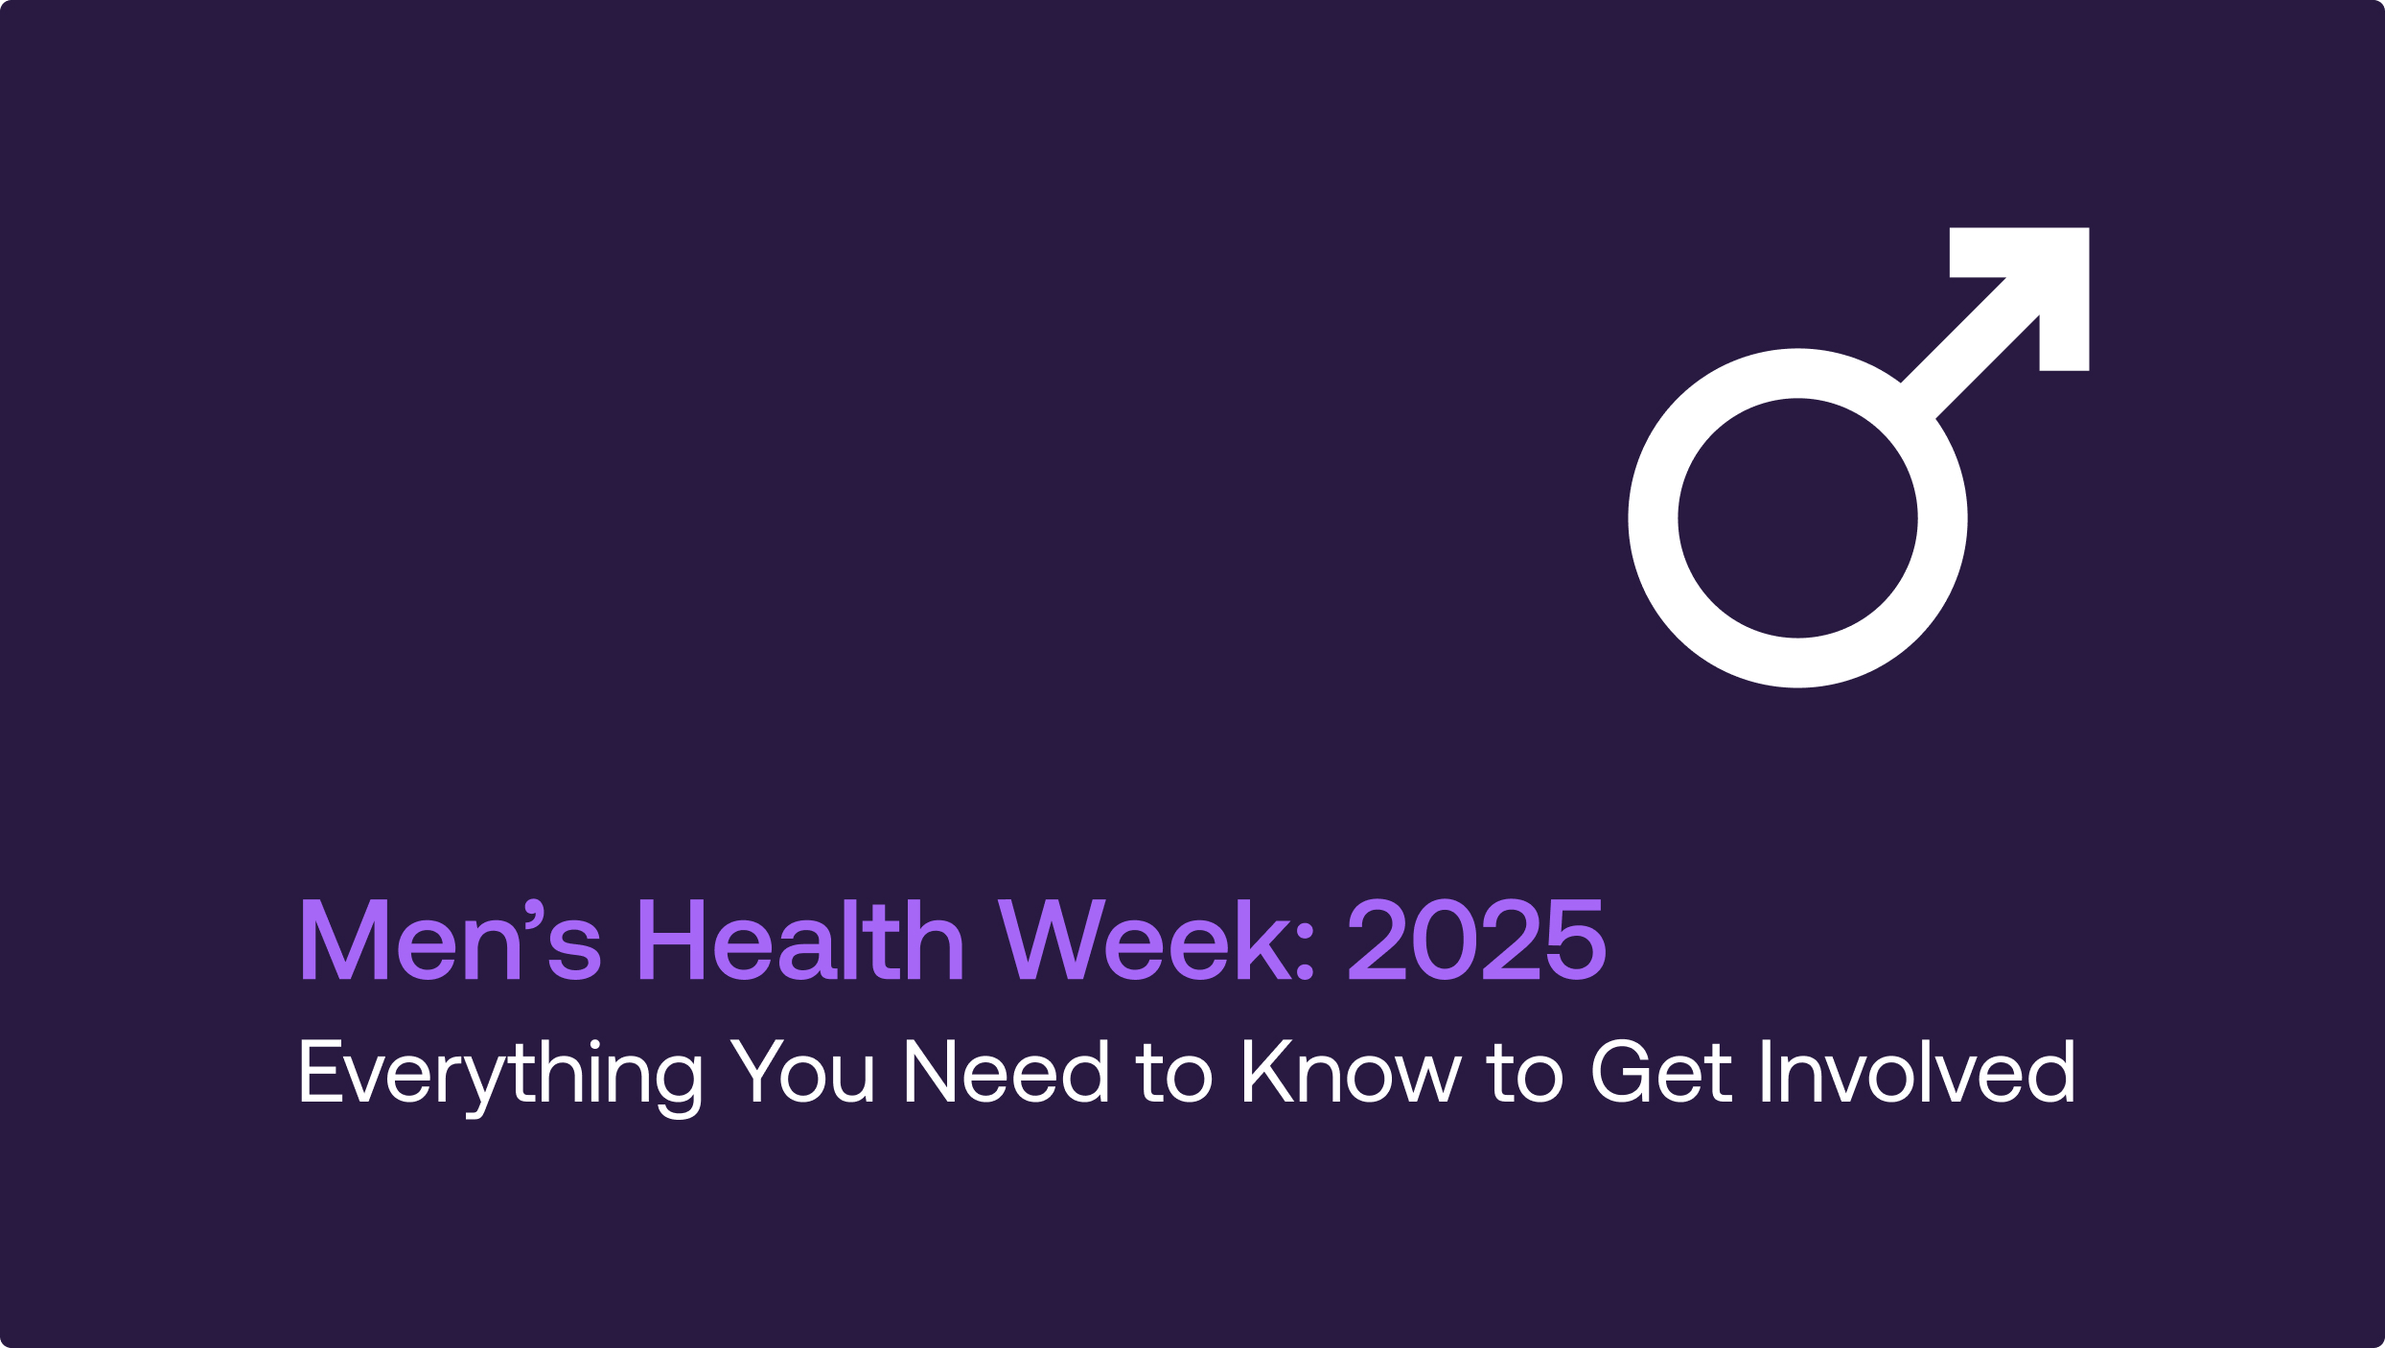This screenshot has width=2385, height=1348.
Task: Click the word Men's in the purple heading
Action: [x=451, y=940]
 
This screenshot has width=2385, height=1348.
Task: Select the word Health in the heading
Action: [x=800, y=940]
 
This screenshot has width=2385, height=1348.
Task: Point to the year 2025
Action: [x=1476, y=940]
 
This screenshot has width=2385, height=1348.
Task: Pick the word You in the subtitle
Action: [x=802, y=1071]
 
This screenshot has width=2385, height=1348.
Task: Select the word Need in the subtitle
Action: [x=1006, y=1071]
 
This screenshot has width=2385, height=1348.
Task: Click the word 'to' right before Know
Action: [x=1174, y=1073]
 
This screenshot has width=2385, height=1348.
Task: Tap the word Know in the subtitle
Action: [x=1353, y=1071]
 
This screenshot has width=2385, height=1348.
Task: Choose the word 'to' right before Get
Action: [x=1525, y=1073]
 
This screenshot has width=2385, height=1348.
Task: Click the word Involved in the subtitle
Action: [x=1917, y=1071]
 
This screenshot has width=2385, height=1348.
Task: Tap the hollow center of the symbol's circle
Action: [x=1797, y=518]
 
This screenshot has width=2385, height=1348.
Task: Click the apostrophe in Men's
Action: [x=535, y=913]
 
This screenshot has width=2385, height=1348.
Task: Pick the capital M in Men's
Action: [x=344, y=940]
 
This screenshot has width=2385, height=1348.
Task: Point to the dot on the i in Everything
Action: [x=594, y=1044]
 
